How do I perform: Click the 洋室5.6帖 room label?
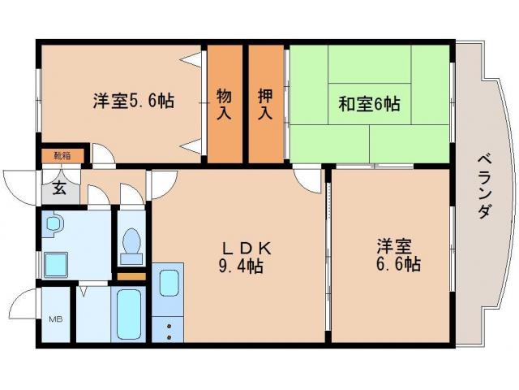click(x=133, y=102)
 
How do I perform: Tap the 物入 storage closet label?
click(x=224, y=104)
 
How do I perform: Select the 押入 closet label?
click(x=265, y=104)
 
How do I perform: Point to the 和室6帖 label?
click(x=368, y=104)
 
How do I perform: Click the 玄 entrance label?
click(x=60, y=190)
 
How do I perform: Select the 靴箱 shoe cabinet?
click(x=62, y=155)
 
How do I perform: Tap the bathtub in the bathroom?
click(x=130, y=313)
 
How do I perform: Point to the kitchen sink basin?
click(x=169, y=284)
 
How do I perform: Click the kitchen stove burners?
click(x=169, y=327)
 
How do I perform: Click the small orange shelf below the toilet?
click(x=131, y=277)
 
